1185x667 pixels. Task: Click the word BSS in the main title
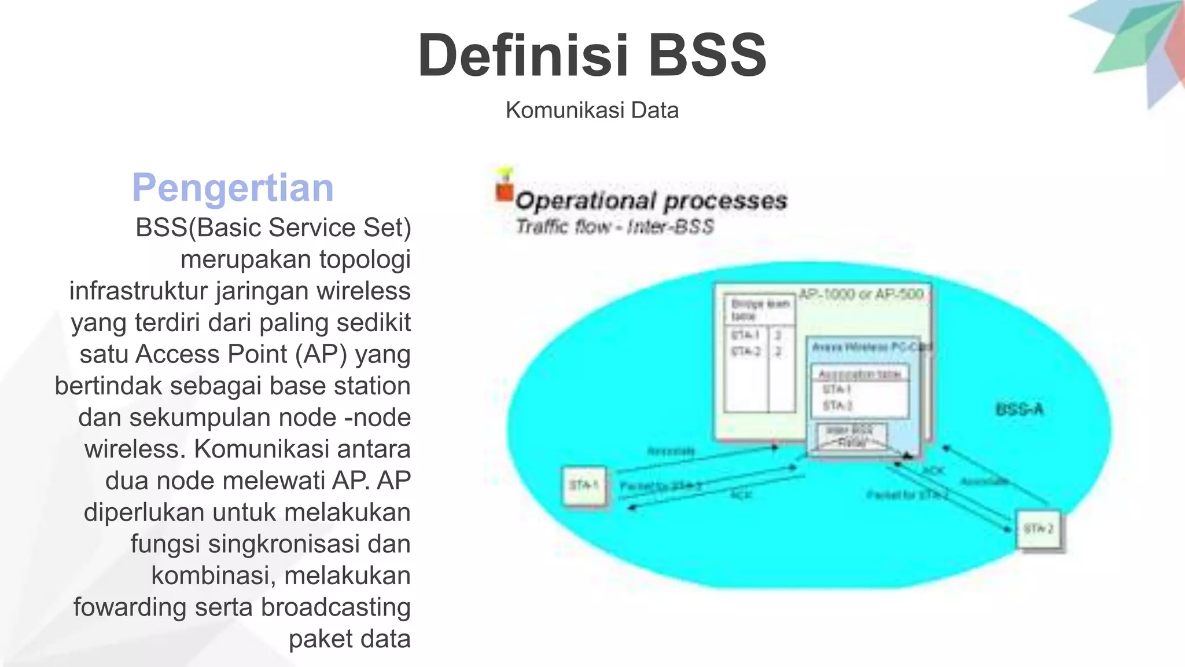[x=707, y=56]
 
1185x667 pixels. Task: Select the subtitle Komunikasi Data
[x=592, y=110]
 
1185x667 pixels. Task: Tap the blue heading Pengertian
[x=233, y=188]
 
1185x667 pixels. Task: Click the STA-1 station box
[x=584, y=485]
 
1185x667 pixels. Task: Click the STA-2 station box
[x=1039, y=529]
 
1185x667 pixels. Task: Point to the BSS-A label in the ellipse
[x=1019, y=409]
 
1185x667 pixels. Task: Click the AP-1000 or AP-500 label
[x=860, y=294]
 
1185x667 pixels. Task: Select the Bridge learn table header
[x=759, y=310]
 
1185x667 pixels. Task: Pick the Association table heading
[x=859, y=374]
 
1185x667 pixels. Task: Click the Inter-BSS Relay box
[x=851, y=436]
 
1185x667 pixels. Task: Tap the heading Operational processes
[x=651, y=201]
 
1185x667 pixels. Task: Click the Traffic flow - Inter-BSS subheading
[x=614, y=226]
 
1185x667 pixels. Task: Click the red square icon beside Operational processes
[x=504, y=192]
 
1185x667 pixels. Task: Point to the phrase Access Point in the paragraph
[x=211, y=354]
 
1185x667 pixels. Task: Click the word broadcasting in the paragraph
[x=336, y=607]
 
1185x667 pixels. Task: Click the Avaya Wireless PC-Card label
[x=871, y=347]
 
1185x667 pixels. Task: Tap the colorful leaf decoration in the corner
[x=1134, y=46]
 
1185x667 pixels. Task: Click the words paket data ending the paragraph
[x=349, y=639]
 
